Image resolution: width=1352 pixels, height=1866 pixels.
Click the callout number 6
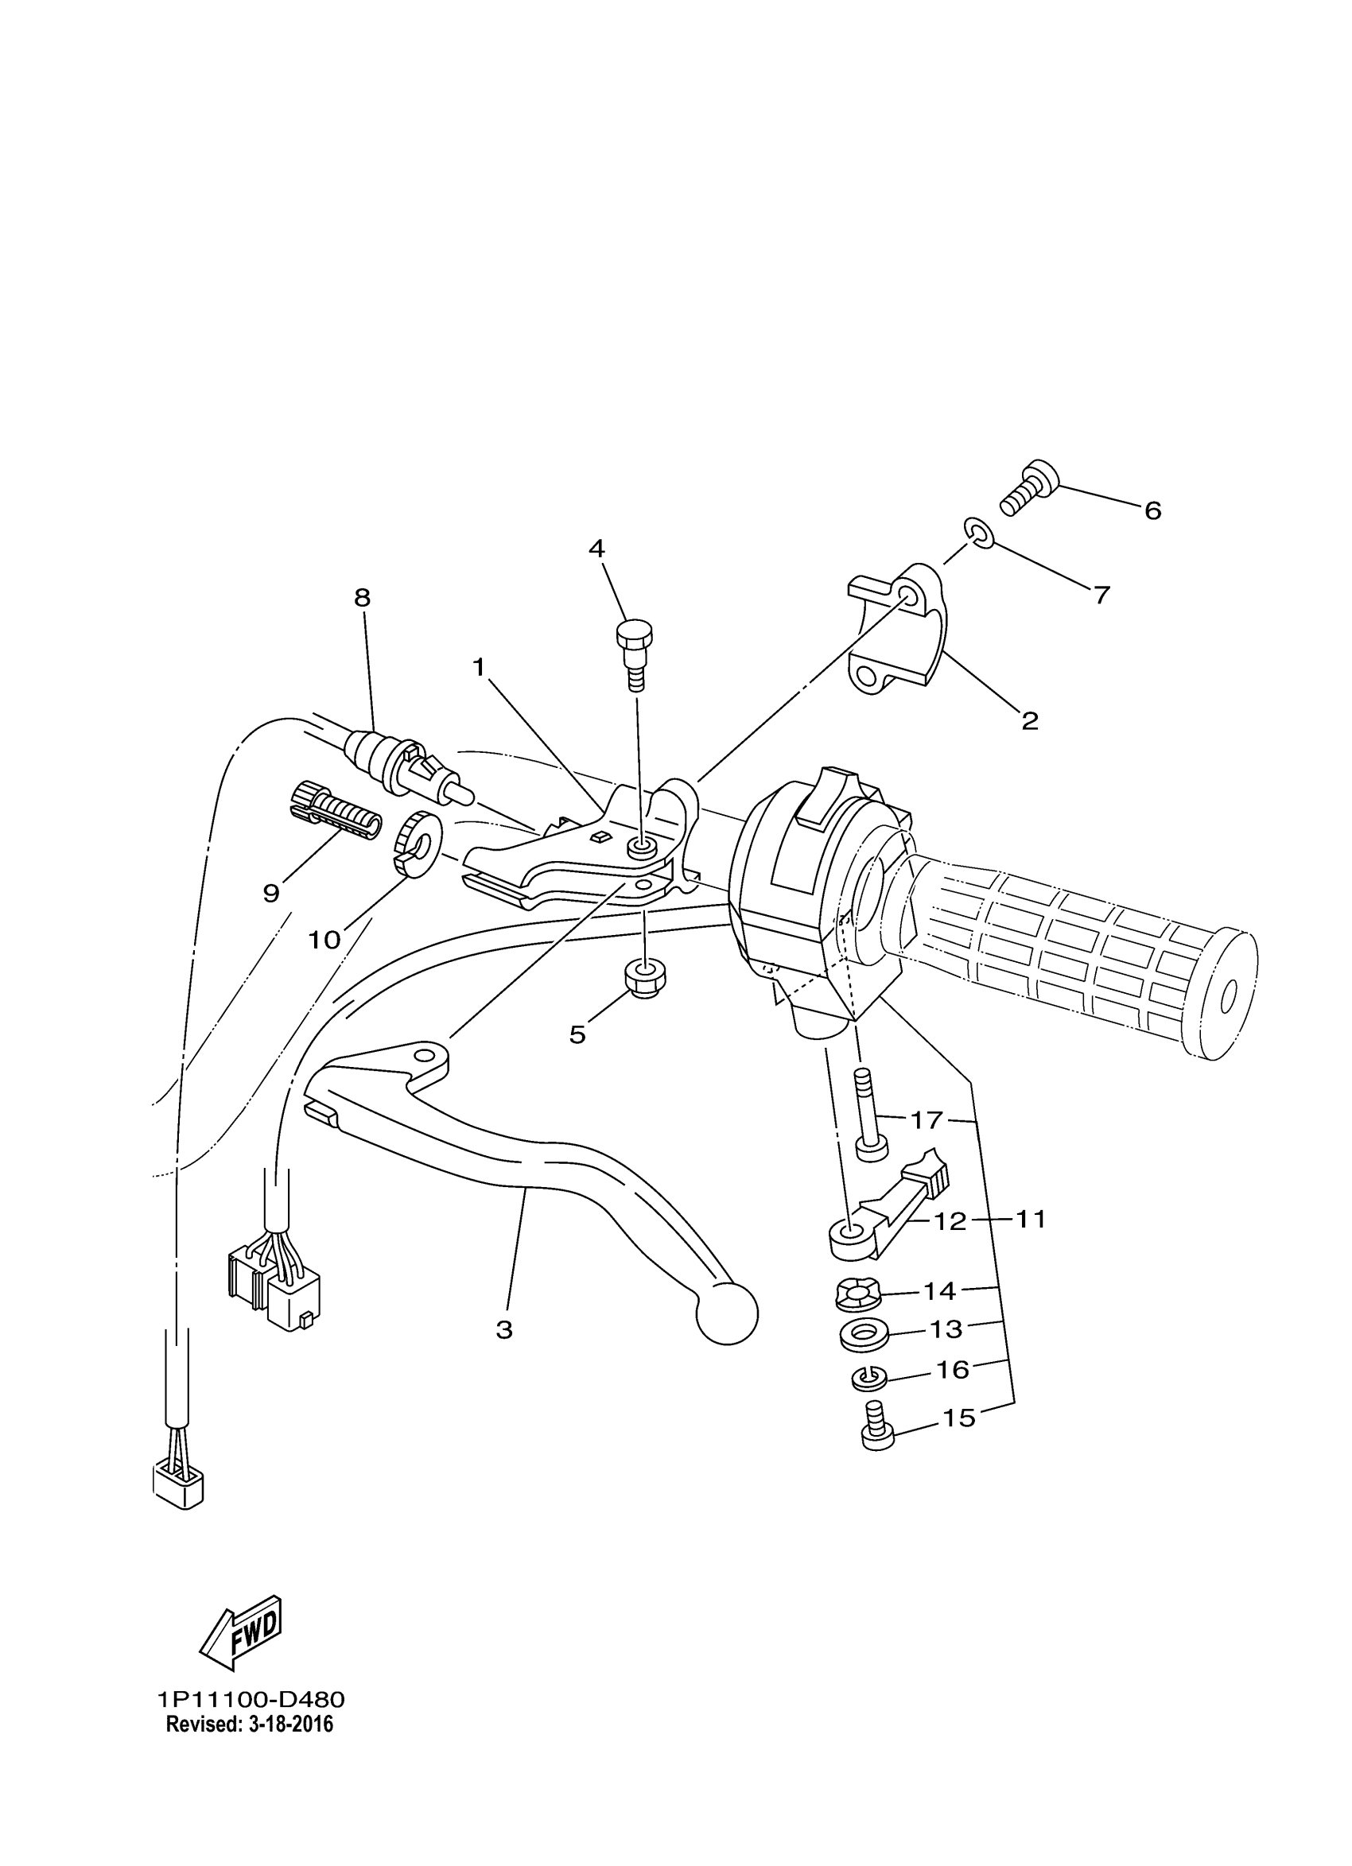[x=1153, y=511]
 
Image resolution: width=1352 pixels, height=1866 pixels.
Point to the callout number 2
[x=1029, y=722]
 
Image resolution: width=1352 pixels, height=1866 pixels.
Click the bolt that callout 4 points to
[x=635, y=654]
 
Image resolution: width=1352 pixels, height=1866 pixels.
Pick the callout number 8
[x=362, y=598]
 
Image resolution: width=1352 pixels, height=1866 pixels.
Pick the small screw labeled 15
[x=876, y=1430]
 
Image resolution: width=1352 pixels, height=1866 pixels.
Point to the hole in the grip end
[x=1229, y=998]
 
